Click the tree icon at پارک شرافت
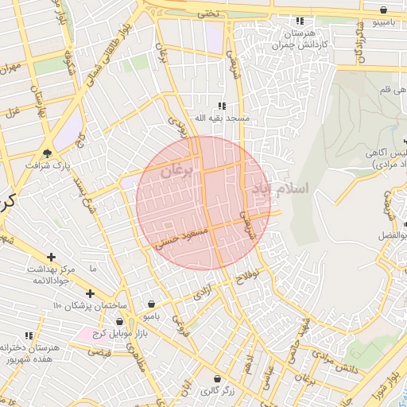[x=48, y=153]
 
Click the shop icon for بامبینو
[x=385, y=10]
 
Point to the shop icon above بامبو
[x=152, y=303]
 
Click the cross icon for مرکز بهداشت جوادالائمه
[x=52, y=257]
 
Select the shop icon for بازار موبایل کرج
[x=118, y=321]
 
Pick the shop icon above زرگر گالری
[x=218, y=377]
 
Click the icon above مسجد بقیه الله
[x=223, y=105]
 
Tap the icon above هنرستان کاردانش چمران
[x=300, y=21]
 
